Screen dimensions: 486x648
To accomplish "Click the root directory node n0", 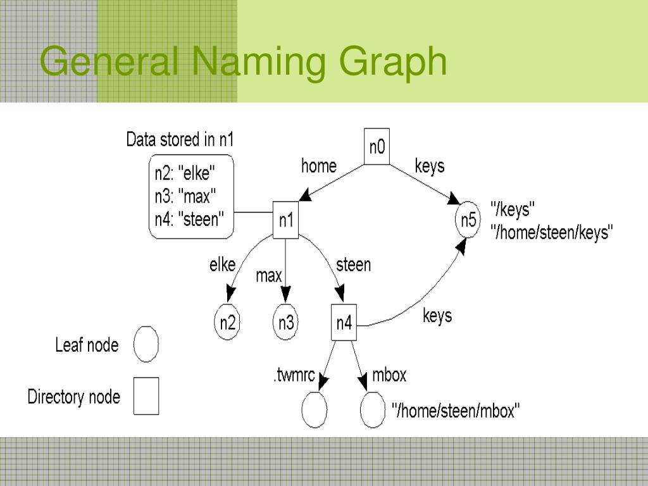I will tap(377, 147).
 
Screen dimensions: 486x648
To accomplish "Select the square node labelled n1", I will tap(285, 220).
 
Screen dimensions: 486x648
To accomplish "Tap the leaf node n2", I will tap(227, 323).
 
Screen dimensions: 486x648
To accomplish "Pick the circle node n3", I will tap(286, 323).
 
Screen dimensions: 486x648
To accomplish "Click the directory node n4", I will tap(344, 323).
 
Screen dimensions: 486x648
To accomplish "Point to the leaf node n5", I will tap(468, 220).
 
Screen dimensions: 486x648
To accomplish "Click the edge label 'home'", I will tap(318, 166).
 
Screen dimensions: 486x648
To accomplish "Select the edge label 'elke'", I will tap(222, 265).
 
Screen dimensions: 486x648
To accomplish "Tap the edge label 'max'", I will tap(268, 276).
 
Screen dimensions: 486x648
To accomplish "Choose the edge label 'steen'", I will tap(353, 264).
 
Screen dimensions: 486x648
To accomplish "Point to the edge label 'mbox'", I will tap(389, 375).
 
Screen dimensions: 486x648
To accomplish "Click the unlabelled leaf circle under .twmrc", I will tap(315, 410).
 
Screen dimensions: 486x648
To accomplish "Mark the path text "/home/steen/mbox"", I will tap(456, 411).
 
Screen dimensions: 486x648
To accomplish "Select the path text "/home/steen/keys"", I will tap(552, 232).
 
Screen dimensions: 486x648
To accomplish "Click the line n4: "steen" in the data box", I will tap(190, 220).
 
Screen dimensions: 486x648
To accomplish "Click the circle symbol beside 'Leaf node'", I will tap(146, 344).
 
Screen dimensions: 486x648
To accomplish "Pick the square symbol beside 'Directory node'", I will tap(146, 396).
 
